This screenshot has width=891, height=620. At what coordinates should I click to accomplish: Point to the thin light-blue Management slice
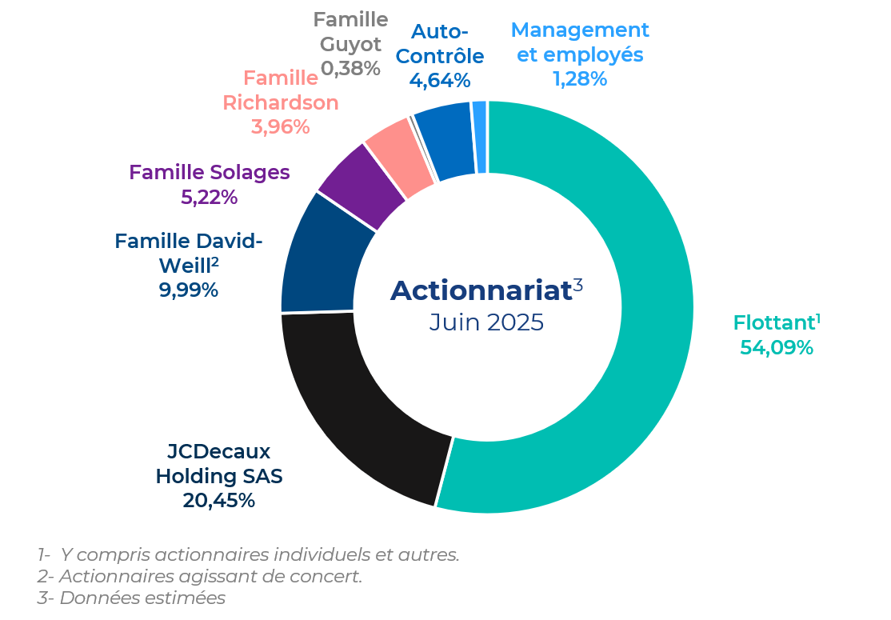(480, 138)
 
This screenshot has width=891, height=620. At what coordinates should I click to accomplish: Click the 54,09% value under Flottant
(776, 347)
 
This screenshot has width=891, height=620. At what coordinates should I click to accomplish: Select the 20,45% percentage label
(219, 501)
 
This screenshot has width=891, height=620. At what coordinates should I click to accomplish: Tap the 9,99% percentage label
(188, 290)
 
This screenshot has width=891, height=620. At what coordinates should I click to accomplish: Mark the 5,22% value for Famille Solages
(209, 197)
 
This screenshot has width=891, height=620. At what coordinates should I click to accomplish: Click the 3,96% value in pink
(280, 126)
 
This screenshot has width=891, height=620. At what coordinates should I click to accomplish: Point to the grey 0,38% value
(350, 69)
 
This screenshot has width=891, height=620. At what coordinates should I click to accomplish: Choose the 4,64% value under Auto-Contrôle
(440, 81)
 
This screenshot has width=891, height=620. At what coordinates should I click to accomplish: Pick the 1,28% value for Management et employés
(580, 79)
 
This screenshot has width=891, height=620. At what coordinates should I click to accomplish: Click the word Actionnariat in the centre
(481, 290)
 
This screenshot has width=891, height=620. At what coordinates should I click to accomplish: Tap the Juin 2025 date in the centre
(486, 322)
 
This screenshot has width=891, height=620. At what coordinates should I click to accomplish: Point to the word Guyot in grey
(350, 45)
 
